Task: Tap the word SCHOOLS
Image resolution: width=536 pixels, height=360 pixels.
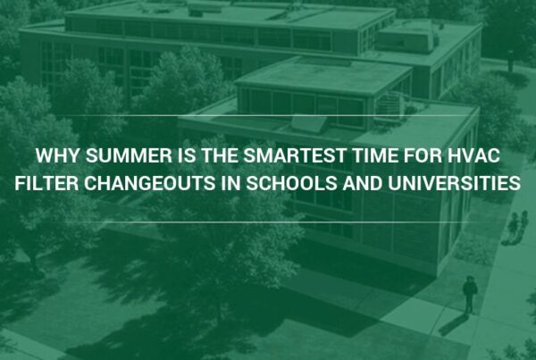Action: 291,183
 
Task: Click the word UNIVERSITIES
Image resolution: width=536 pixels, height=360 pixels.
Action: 455,183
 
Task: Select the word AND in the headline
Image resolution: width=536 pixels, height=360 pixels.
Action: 363,183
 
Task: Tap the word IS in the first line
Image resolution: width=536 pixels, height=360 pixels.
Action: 187,155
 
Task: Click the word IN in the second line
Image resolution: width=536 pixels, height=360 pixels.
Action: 231,183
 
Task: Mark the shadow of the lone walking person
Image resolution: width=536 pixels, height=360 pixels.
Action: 454,324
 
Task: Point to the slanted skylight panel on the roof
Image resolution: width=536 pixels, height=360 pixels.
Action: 309,125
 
